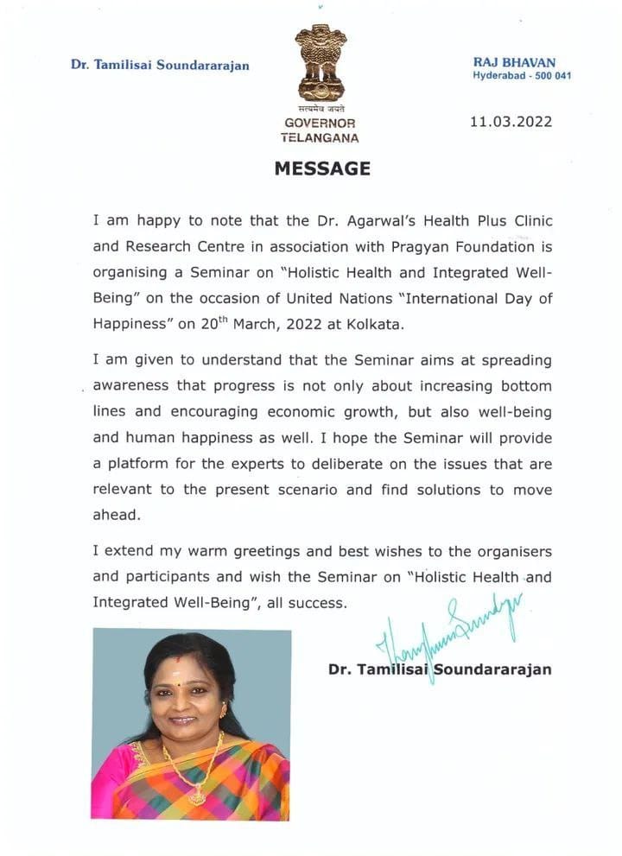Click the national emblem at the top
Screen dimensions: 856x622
tap(321, 62)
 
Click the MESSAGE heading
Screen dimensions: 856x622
tap(322, 168)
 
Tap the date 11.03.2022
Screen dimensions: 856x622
tap(511, 122)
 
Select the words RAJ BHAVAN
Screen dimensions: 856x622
tap(515, 62)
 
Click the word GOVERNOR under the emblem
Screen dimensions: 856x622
tap(320, 124)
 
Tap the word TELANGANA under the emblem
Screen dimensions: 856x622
tap(320, 137)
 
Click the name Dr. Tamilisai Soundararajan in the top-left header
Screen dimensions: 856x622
tap(160, 66)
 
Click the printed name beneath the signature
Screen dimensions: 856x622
tap(440, 669)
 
